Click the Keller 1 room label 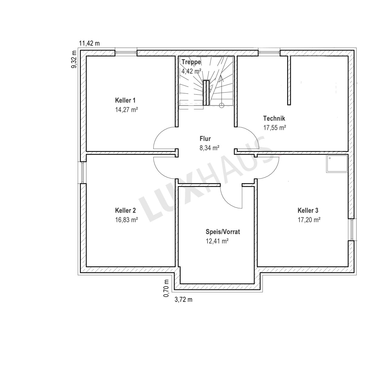pos(125,100)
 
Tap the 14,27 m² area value pos(126,110)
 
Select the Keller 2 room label pos(125,210)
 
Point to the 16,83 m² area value pos(126,220)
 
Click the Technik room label pos(274,118)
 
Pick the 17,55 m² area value pos(274,128)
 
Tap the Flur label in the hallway pos(205,139)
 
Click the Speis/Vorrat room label pos(223,232)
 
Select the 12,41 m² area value pos(217,241)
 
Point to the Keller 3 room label pos(308,210)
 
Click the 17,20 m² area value pos(309,220)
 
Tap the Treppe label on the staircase pos(191,62)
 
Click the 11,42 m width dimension pos(89,43)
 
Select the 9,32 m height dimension pos(74,59)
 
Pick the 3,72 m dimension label pos(183,300)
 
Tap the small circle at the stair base pos(222,105)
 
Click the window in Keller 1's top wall pos(126,53)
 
